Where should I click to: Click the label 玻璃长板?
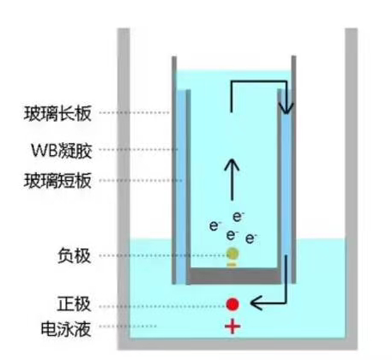[x=57, y=113]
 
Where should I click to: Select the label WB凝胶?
[x=61, y=150]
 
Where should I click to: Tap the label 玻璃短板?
[x=57, y=181]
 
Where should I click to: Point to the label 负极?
[x=74, y=255]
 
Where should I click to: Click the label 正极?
[x=74, y=304]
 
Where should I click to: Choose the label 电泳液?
[x=66, y=328]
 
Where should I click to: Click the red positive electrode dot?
[x=232, y=304]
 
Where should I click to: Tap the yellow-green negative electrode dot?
[x=232, y=254]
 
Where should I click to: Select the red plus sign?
[x=232, y=327]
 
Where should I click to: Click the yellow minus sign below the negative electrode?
[x=232, y=265]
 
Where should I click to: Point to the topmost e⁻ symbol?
[x=238, y=217]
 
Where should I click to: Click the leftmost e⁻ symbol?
[x=215, y=225]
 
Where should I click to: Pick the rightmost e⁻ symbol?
[x=250, y=238]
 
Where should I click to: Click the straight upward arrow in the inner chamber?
[x=232, y=180]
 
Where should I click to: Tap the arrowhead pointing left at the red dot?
[x=256, y=303]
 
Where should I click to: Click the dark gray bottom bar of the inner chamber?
[x=234, y=276]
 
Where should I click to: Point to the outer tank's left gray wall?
[x=124, y=189]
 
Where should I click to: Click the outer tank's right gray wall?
[x=351, y=189]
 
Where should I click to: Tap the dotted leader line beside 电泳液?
[x=128, y=326]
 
